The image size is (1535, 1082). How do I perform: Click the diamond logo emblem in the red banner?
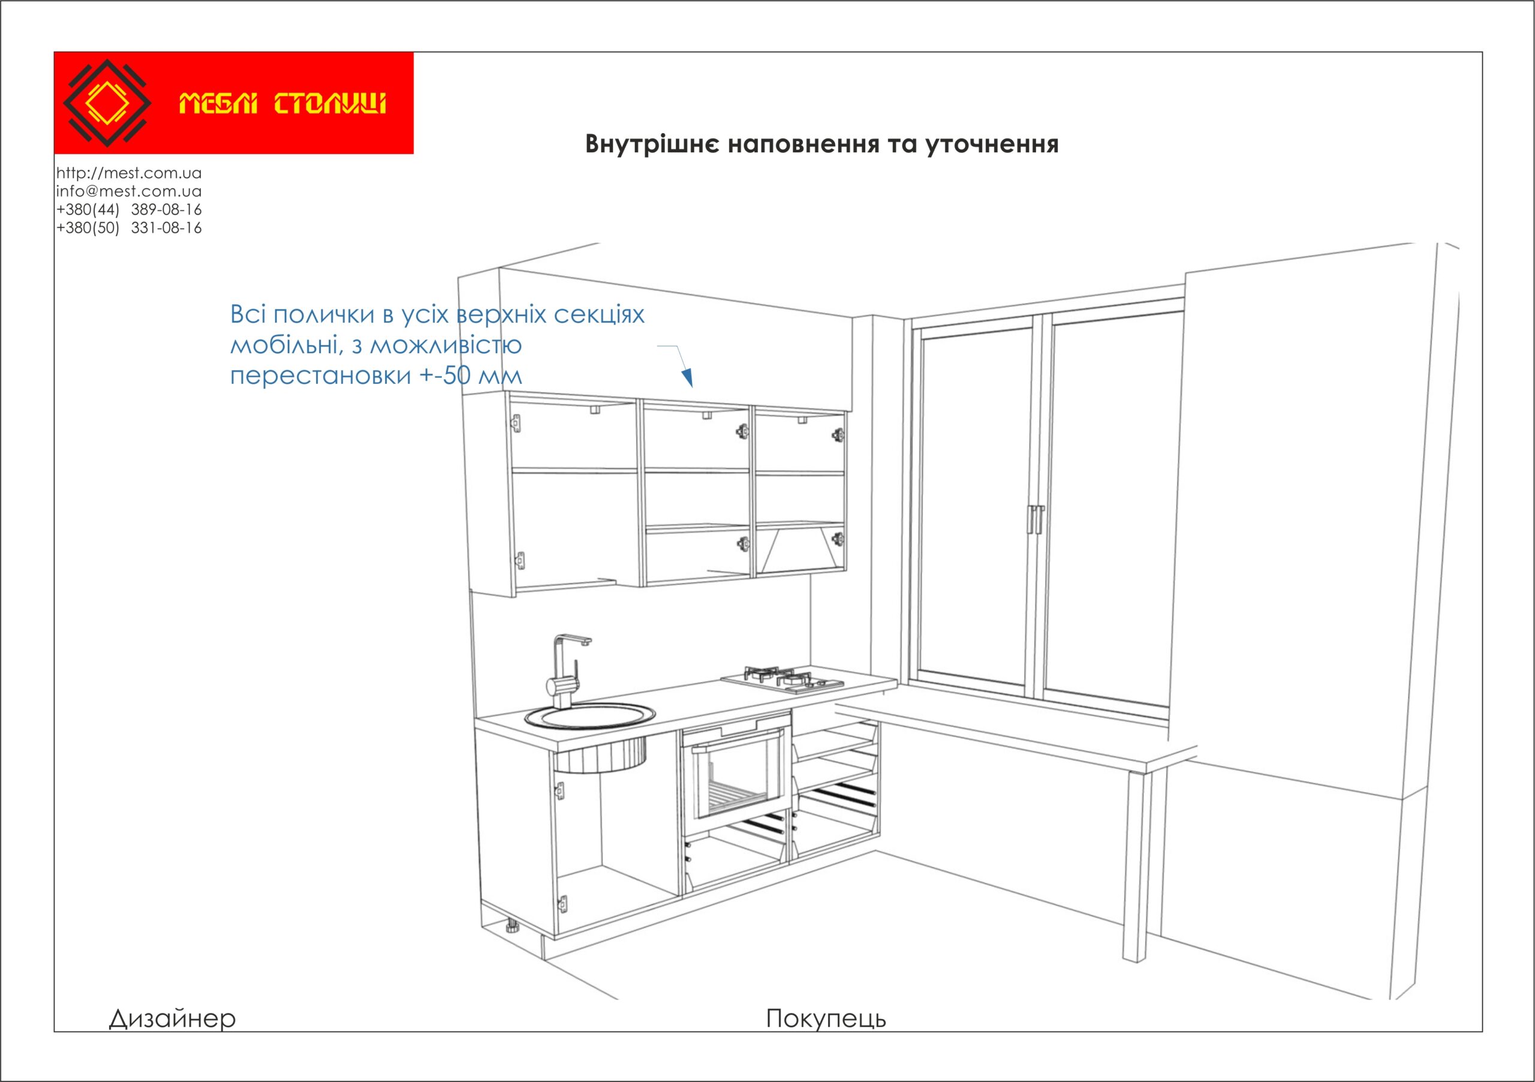[107, 103]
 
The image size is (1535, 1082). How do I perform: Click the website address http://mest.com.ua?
[129, 173]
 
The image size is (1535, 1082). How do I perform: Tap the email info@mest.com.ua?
[129, 191]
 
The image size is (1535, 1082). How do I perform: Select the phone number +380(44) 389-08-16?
[129, 209]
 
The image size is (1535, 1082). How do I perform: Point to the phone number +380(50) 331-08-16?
[129, 228]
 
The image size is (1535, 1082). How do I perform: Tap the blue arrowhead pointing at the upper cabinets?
[687, 378]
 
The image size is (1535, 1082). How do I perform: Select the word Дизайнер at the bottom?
[173, 1018]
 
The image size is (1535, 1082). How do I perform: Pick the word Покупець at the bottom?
[826, 1018]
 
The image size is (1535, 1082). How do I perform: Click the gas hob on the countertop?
[782, 680]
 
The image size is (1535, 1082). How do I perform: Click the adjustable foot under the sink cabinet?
[512, 927]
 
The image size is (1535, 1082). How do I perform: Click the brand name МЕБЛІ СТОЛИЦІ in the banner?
[282, 104]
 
